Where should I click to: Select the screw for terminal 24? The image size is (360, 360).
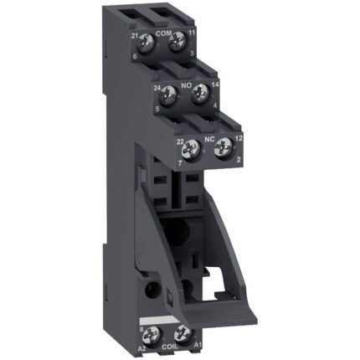tap(173, 92)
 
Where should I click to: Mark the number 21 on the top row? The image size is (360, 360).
tap(135, 35)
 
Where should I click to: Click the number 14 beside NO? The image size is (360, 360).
tap(216, 85)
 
